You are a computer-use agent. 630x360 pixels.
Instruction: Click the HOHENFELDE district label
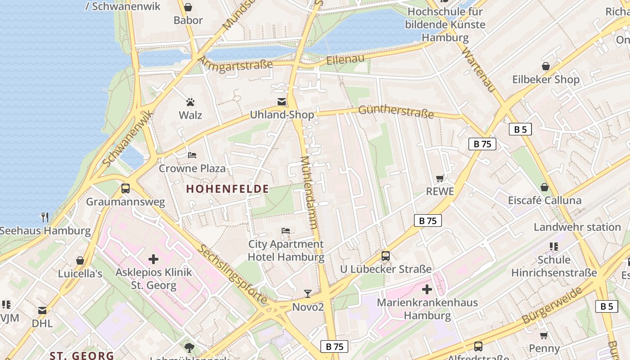coord(227,189)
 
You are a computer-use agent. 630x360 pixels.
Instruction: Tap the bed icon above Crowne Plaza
coord(192,155)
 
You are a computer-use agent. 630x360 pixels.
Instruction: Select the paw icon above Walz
coord(190,102)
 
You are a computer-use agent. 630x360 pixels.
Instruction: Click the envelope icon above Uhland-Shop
coord(282,102)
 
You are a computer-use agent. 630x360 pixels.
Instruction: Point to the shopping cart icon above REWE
coord(440,179)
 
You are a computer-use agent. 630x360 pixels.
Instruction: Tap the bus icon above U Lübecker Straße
coord(386,256)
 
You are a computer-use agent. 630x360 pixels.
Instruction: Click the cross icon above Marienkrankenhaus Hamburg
coord(427,289)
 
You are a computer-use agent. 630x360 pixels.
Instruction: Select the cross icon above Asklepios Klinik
coord(153,259)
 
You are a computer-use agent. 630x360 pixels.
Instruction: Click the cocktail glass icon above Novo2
coord(308,294)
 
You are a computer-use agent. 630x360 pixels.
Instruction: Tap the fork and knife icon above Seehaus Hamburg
coord(45,217)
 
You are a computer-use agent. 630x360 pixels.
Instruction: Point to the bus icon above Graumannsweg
coord(126,189)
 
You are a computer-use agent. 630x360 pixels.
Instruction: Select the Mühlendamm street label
coord(310,193)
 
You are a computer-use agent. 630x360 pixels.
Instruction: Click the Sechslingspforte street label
coord(232,273)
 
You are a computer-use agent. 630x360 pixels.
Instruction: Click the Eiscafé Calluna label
coord(544,200)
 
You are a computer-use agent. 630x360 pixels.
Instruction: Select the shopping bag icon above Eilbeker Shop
coord(546,67)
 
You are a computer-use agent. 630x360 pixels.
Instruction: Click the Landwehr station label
coord(577,227)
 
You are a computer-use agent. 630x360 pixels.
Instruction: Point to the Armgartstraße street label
coord(235,64)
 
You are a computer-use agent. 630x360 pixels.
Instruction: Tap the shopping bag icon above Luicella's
coord(80,261)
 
